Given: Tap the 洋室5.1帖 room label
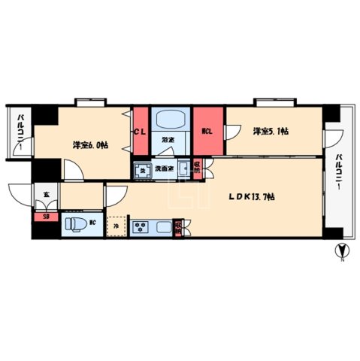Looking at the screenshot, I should (271, 131).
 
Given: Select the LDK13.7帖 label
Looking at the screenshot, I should (252, 197).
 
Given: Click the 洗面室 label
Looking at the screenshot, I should (165, 170).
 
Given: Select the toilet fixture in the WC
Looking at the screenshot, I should (74, 224).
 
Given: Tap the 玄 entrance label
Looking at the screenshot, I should (46, 196).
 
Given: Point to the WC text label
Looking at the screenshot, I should (92, 223).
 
